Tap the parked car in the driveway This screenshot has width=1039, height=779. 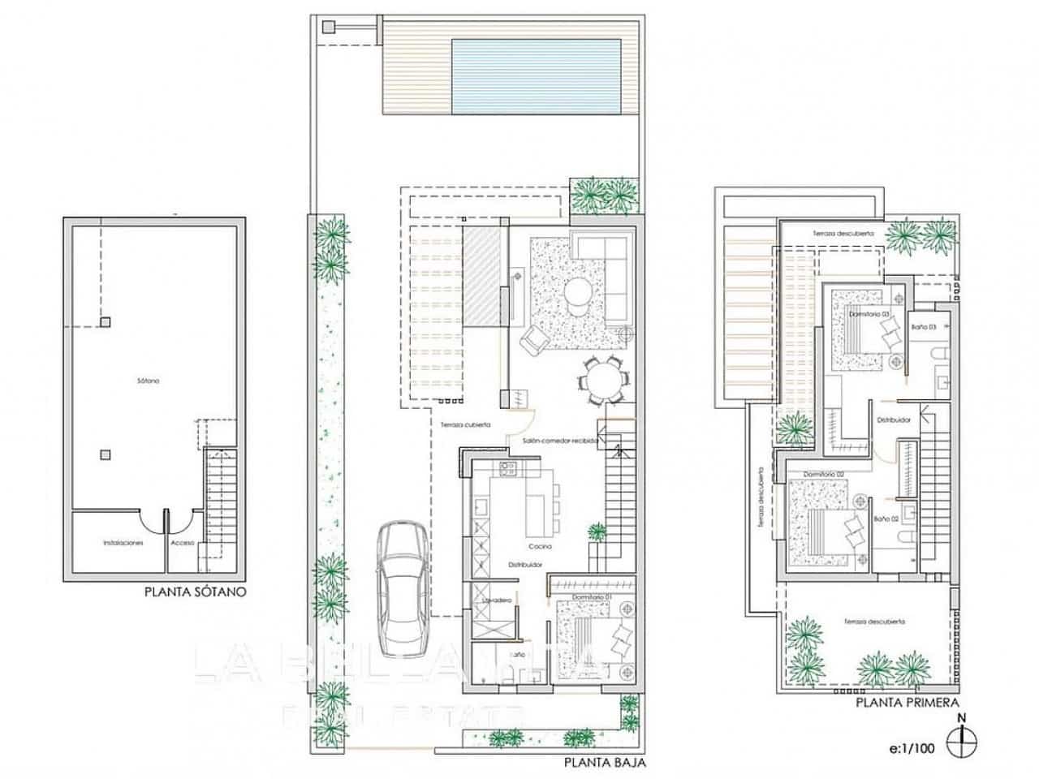(403, 582)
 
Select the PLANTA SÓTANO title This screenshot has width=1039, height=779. (195, 592)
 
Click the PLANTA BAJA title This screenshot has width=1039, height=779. (605, 763)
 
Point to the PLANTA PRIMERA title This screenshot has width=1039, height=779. (908, 704)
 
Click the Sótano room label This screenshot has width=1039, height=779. (149, 381)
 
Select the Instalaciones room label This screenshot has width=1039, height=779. (123, 543)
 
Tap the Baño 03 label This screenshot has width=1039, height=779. (924, 326)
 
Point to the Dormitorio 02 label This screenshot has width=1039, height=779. (825, 473)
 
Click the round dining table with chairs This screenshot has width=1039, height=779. (602, 380)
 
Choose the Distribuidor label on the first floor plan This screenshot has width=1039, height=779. (893, 420)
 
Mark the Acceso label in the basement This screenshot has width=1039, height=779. (183, 543)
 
